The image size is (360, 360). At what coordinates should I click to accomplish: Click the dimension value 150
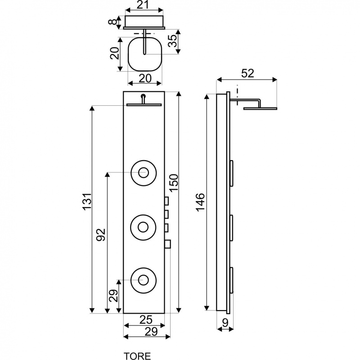(x=174, y=183)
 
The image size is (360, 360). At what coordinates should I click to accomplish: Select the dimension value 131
(x=87, y=201)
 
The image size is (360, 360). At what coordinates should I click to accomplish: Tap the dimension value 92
(x=100, y=234)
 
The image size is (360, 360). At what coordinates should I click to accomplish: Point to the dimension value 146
(x=200, y=202)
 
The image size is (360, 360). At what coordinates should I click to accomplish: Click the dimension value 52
(x=248, y=73)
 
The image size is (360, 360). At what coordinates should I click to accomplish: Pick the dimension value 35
(x=172, y=40)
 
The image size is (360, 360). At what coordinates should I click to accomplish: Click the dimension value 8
(x=112, y=22)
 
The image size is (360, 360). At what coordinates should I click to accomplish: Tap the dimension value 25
(x=146, y=319)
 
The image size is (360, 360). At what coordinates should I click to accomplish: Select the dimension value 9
(x=225, y=323)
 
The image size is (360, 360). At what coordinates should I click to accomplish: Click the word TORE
(x=137, y=356)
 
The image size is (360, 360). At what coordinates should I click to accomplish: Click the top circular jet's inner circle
(x=144, y=172)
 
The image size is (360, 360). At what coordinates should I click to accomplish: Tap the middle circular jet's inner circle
(x=143, y=227)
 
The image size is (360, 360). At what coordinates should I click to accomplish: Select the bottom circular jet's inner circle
(x=144, y=280)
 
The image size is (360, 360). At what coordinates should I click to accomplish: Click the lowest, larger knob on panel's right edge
(x=167, y=244)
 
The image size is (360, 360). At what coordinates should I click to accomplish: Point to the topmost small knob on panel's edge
(x=166, y=201)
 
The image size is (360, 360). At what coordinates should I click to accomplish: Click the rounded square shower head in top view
(x=145, y=54)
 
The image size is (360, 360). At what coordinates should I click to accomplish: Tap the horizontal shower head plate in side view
(x=261, y=108)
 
